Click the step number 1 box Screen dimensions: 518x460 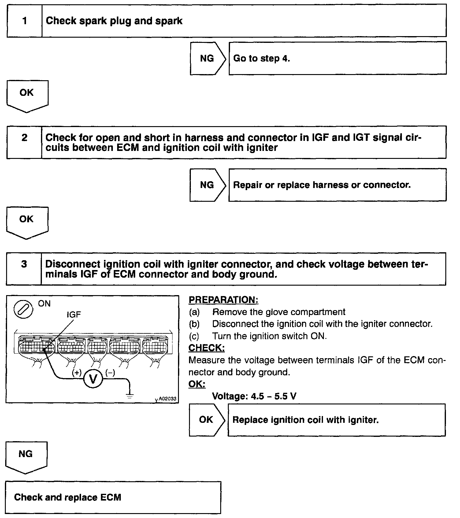pyautogui.click(x=24, y=21)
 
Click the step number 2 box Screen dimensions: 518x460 pyautogui.click(x=24, y=142)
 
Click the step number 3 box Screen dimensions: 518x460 pyautogui.click(x=24, y=268)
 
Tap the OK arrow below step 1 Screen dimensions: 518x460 pyautogui.click(x=27, y=95)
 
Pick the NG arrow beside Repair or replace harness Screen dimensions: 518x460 pyautogui.click(x=207, y=185)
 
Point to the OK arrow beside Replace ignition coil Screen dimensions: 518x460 pyautogui.click(x=206, y=419)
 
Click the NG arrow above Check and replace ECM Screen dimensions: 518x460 pyautogui.click(x=26, y=456)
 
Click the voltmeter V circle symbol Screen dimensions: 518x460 pyautogui.click(x=93, y=379)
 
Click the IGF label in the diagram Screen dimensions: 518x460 pyautogui.click(x=73, y=314)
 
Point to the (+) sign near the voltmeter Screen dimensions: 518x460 pyautogui.click(x=76, y=373)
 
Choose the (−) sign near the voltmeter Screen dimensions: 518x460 pyautogui.click(x=110, y=373)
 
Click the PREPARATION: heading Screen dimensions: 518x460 pyautogui.click(x=223, y=300)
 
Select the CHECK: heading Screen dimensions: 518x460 pyautogui.click(x=206, y=348)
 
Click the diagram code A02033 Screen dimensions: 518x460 pyautogui.click(x=167, y=399)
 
